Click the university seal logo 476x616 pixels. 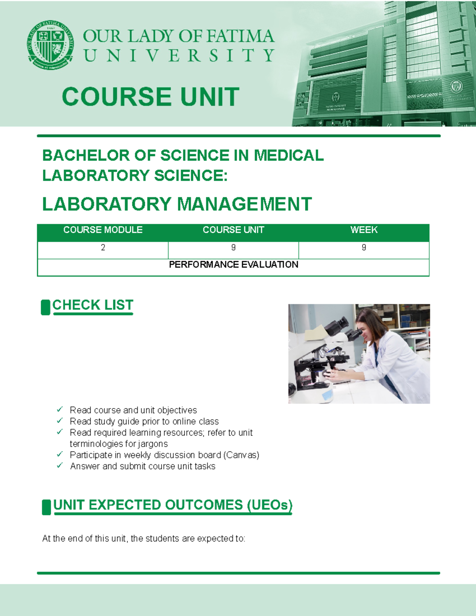50,45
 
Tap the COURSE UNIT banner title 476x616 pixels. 150,97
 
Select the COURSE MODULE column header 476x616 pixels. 103,230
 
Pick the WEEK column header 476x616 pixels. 364,230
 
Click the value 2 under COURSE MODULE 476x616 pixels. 103,248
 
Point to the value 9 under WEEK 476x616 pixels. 364,248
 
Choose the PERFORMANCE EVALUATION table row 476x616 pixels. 233,265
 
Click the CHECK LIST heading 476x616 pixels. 92,305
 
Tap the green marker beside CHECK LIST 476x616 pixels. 46,307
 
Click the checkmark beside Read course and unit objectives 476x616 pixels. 60,409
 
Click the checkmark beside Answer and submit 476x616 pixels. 60,466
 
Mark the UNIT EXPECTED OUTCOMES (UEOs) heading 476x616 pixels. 173,505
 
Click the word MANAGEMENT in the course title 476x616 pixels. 244,205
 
